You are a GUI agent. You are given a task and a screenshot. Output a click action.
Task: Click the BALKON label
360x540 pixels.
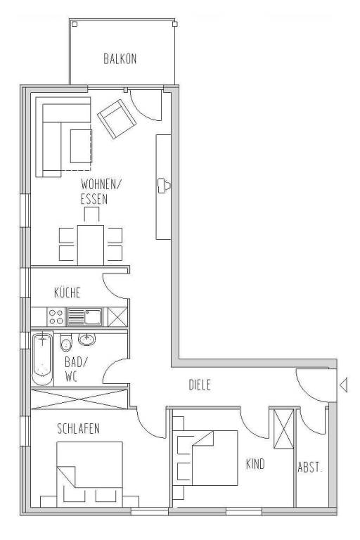tap(120, 59)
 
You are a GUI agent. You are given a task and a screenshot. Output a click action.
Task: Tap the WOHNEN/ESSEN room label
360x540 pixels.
tap(101, 192)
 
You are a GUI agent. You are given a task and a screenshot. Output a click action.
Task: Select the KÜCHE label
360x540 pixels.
tap(67, 292)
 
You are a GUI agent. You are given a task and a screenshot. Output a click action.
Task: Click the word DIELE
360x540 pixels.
tap(200, 385)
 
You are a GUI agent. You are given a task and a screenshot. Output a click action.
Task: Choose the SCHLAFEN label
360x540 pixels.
tap(79, 429)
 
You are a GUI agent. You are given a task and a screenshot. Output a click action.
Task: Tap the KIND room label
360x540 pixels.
tap(255, 464)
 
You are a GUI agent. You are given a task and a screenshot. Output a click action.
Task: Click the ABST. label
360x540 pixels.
tap(310, 468)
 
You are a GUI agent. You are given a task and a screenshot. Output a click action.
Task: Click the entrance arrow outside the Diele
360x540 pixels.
tap(343, 385)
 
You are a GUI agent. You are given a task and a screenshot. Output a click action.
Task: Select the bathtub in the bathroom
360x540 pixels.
tap(43, 359)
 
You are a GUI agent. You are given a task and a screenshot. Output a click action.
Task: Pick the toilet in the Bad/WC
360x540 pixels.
tap(66, 342)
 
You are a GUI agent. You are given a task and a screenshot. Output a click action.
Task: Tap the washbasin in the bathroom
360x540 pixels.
tap(86, 339)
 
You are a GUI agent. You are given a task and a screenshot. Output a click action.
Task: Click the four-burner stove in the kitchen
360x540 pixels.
tap(56, 317)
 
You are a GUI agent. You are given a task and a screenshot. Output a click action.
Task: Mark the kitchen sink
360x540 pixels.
tap(85, 317)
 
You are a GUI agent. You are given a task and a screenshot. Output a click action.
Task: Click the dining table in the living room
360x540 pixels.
tap(91, 245)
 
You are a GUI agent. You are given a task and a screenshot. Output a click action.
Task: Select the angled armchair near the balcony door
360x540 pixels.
tap(117, 119)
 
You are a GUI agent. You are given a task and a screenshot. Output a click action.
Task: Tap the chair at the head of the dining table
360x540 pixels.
tap(91, 215)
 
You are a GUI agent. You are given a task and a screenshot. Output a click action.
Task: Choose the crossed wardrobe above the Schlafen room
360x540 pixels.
tap(79, 399)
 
